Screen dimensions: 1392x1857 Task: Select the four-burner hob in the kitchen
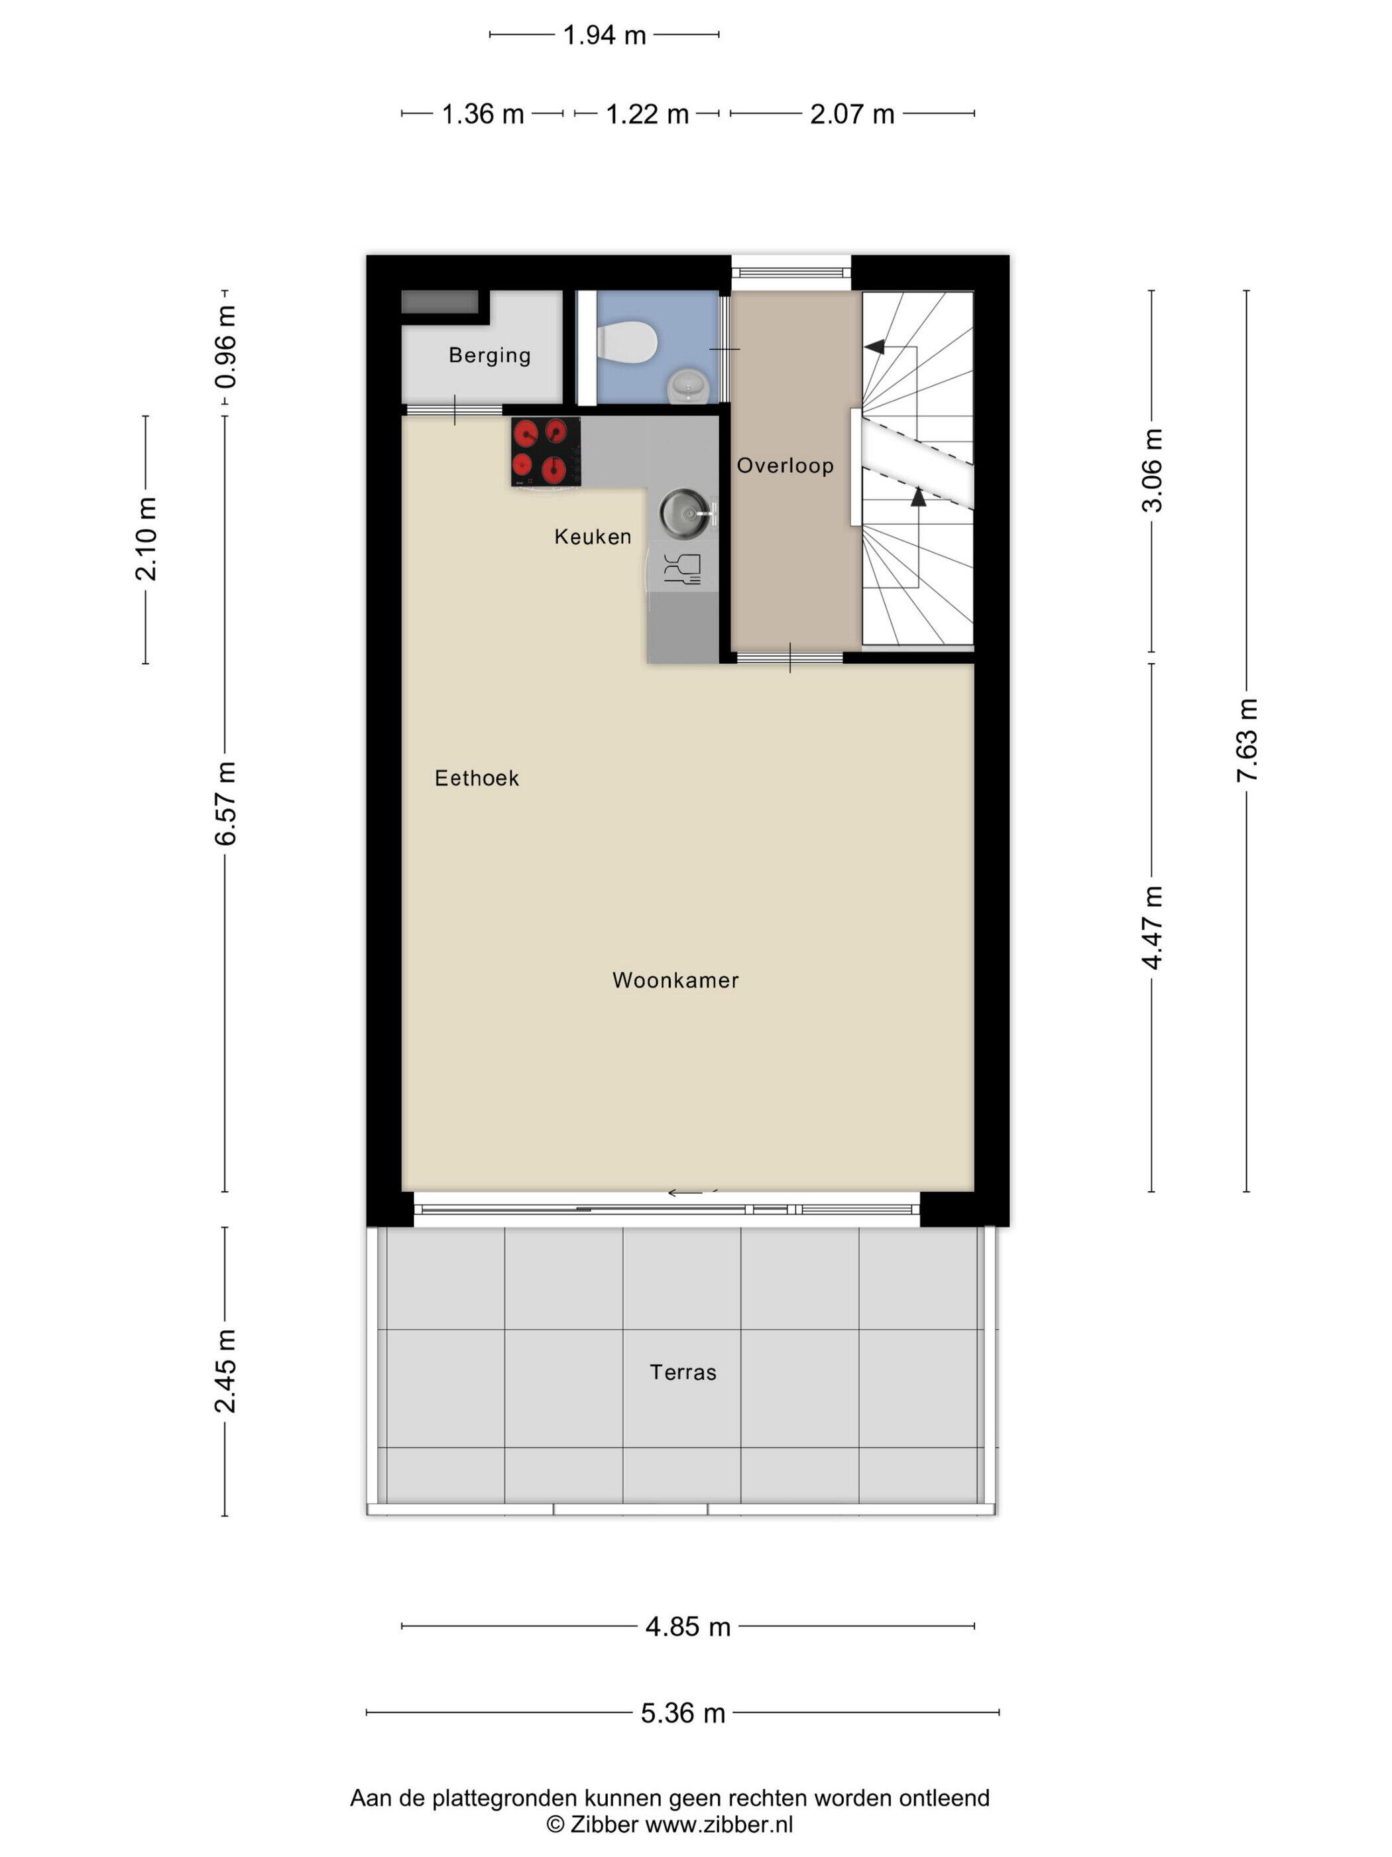click(546, 452)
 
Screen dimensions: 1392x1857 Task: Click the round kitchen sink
click(686, 512)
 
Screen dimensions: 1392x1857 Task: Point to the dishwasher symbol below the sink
click(682, 568)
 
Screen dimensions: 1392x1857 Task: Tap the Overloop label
click(785, 466)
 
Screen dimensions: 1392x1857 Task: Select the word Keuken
click(593, 537)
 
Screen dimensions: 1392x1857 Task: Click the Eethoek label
click(477, 778)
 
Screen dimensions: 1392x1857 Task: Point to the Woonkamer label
click(675, 980)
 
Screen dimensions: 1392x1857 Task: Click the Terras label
click(683, 1373)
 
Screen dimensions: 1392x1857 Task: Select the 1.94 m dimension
click(604, 35)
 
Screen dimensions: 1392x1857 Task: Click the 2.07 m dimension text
click(852, 113)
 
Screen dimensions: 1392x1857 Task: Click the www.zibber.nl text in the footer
click(719, 1825)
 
